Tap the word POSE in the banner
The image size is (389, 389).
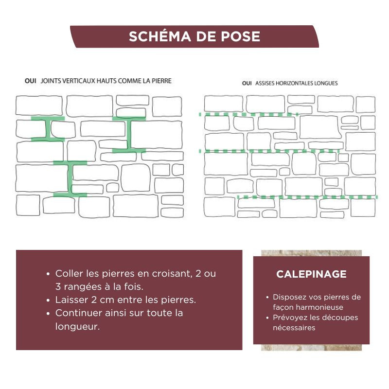pyautogui.click(x=240, y=36)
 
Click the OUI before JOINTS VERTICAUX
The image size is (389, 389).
pyautogui.click(x=30, y=81)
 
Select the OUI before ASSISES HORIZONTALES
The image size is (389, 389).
pyautogui.click(x=247, y=83)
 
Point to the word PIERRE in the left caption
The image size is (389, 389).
pyautogui.click(x=161, y=81)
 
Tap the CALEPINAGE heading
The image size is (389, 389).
pyautogui.click(x=311, y=274)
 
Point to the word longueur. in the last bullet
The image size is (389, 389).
pyautogui.click(x=77, y=326)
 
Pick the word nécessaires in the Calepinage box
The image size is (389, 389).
pyautogui.click(x=294, y=328)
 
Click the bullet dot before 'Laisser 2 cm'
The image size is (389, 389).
pyautogui.click(x=48, y=300)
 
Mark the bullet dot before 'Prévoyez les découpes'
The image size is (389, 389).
pyautogui.click(x=267, y=318)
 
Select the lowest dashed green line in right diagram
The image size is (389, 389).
pyautogui.click(x=307, y=197)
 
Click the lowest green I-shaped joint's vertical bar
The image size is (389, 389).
pyautogui.click(x=70, y=178)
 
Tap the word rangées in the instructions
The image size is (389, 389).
pyautogui.click(x=83, y=287)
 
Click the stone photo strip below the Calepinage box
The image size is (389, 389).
pyautogui.click(x=311, y=347)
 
